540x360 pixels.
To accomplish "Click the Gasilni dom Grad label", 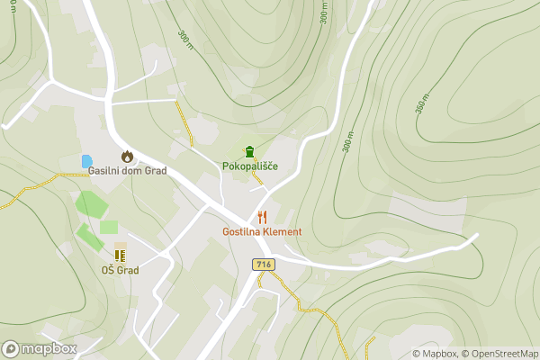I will pyautogui.click(x=127, y=171).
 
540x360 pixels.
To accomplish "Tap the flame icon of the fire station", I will pyautogui.click(x=127, y=156).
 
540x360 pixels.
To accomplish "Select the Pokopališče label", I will pyautogui.click(x=249, y=166).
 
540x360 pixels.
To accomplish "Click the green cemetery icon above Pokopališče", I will pyautogui.click(x=249, y=151).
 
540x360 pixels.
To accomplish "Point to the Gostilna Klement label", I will pyautogui.click(x=262, y=231).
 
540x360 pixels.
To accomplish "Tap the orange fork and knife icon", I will pyautogui.click(x=262, y=217).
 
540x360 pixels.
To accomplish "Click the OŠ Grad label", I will pyautogui.click(x=120, y=270).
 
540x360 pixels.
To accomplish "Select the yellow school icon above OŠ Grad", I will pyautogui.click(x=120, y=255).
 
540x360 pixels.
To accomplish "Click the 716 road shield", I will pyautogui.click(x=263, y=264).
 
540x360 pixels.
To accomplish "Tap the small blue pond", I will pyautogui.click(x=86, y=161).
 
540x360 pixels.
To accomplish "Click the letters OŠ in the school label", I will pyautogui.click(x=108, y=270).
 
